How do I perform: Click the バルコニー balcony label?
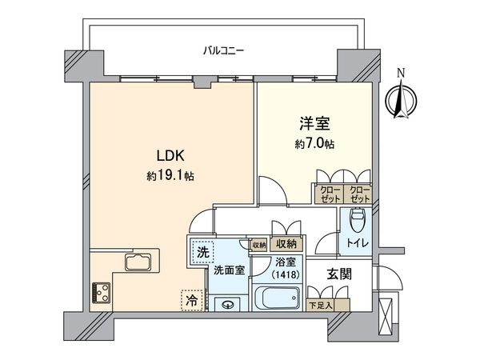click(x=223, y=51)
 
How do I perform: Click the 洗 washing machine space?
click(x=202, y=251)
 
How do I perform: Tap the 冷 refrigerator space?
click(x=193, y=301)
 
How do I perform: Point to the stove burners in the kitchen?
click(x=102, y=290)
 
